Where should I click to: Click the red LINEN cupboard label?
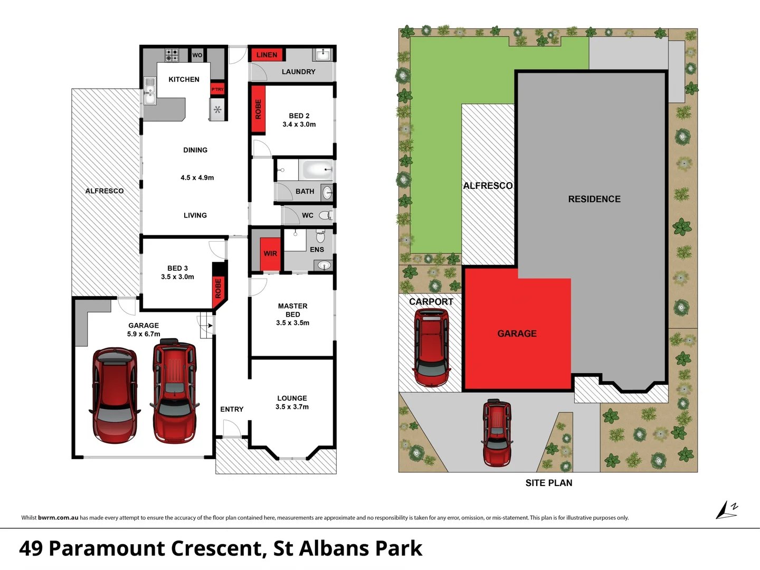(267, 55)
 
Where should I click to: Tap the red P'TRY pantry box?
(217, 89)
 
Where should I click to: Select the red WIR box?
(270, 253)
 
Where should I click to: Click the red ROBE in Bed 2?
(258, 109)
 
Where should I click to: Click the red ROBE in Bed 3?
(218, 288)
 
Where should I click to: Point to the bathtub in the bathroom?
(316, 170)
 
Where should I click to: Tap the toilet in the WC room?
(326, 215)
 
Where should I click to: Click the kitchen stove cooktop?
(172, 55)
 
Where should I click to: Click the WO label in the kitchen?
(197, 55)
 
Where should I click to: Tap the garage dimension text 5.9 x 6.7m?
(144, 334)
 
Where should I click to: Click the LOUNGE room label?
(292, 398)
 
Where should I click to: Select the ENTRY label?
(232, 409)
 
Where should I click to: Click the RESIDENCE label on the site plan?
(594, 199)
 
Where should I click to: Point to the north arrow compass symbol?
(726, 510)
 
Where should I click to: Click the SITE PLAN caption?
(549, 483)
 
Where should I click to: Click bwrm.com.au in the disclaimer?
(58, 518)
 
